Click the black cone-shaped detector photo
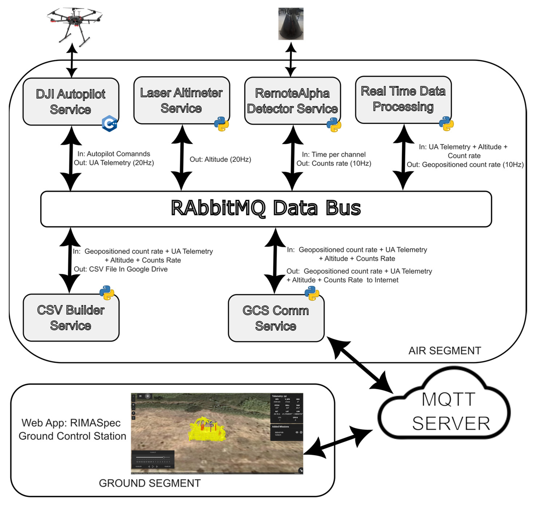pos(291,24)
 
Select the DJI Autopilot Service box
pos(71,102)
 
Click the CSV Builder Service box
pos(71,318)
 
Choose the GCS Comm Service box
pos(276,318)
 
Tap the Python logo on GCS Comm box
pos(312,293)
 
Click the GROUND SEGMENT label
pos(150,483)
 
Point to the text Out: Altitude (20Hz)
pos(220,159)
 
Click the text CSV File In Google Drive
pos(128,269)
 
